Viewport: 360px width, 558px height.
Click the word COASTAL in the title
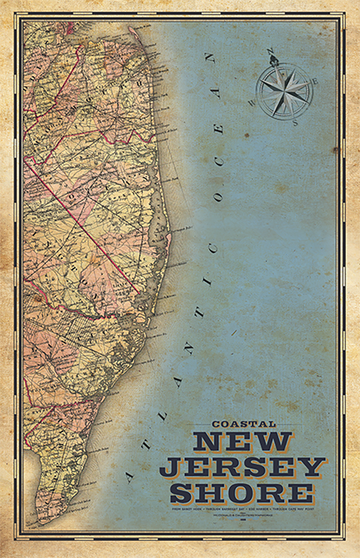243,424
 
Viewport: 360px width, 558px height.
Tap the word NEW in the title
243,442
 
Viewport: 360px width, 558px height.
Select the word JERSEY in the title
243,467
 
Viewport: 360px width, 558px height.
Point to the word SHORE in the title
243,493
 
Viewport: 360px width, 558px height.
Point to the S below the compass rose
295,122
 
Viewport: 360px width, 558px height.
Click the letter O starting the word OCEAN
218,196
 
